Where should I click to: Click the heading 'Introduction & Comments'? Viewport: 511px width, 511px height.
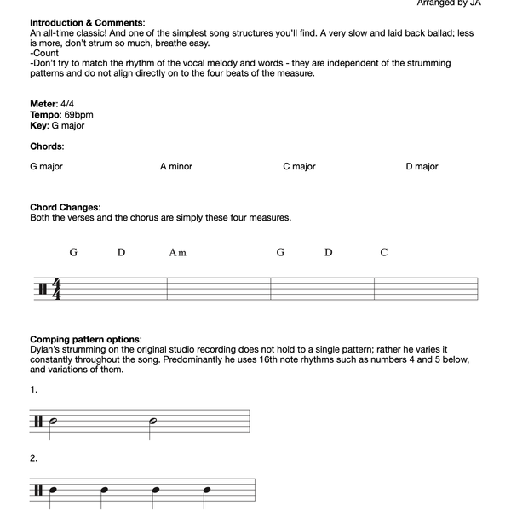pos(86,22)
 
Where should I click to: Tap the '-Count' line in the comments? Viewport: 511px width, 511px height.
pos(44,53)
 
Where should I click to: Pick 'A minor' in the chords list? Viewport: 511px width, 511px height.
pos(176,167)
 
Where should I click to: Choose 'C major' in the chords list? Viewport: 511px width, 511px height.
pos(299,167)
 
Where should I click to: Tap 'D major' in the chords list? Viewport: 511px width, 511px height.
pos(422,167)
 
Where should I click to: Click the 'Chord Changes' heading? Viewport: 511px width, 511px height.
pos(64,207)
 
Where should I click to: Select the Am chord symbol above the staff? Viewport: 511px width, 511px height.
pos(177,253)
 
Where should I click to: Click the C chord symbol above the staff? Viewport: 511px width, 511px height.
pos(384,253)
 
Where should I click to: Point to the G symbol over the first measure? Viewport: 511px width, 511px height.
pos(74,253)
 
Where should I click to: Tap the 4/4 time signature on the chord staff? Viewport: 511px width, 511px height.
pos(57,289)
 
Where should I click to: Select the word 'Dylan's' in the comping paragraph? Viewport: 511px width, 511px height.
pos(47,350)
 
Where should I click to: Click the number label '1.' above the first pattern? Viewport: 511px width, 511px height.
pos(34,390)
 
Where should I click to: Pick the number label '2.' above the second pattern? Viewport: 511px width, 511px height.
pos(34,458)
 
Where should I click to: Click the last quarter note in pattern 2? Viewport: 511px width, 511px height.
pos(207,491)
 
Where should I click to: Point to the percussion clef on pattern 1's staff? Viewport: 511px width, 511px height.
pos(38,422)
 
